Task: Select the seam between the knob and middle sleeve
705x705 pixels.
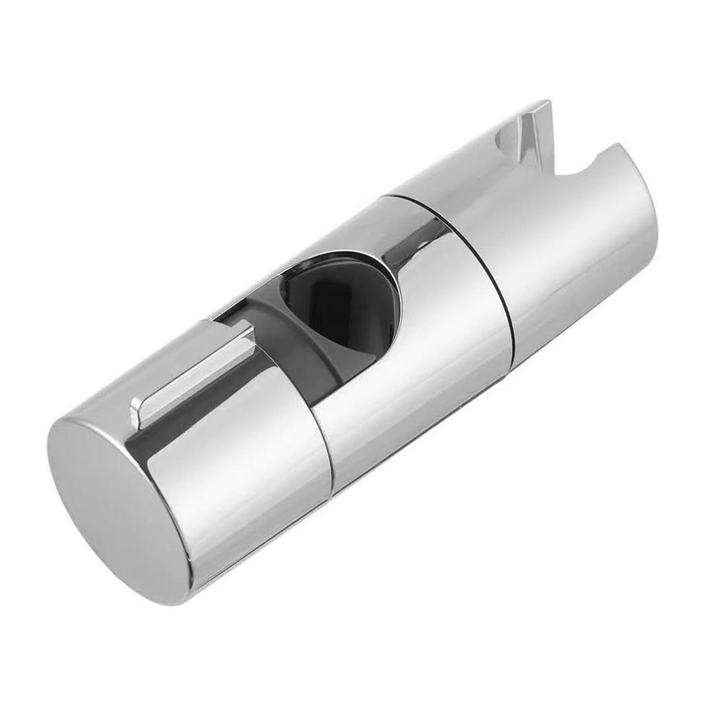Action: tap(324, 441)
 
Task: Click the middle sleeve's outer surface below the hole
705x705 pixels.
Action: tap(413, 386)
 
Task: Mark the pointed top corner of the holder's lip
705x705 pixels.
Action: tap(547, 103)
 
